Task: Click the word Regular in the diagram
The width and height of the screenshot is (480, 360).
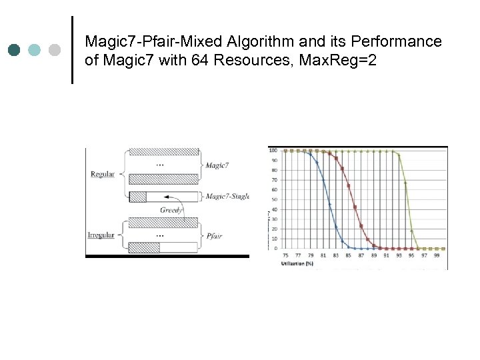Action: point(102,175)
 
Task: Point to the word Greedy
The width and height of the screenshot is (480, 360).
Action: point(171,210)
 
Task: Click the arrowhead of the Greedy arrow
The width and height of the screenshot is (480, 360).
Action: point(163,197)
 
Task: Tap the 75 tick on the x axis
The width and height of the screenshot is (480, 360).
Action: point(286,255)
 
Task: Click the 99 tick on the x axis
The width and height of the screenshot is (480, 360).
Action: point(437,255)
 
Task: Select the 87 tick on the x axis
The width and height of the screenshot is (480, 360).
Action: point(361,255)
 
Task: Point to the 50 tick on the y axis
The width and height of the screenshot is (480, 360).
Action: point(274,199)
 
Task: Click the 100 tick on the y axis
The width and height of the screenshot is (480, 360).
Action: point(273,150)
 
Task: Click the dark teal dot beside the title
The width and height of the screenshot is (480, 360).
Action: point(15,50)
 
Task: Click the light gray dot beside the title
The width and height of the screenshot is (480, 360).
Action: point(54,50)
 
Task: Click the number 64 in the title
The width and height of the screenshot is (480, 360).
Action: point(183,61)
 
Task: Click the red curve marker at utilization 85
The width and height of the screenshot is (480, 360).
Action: point(349,186)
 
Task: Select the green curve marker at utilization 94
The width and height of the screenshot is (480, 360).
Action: point(405,183)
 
